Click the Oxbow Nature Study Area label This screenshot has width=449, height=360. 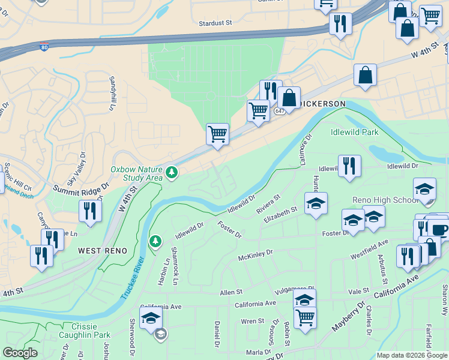click(x=136, y=173)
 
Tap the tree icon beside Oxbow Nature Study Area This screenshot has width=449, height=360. click(x=172, y=173)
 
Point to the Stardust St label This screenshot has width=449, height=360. click(x=215, y=23)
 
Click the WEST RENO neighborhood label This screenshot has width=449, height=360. click(x=102, y=250)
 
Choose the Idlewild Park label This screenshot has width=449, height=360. click(x=354, y=132)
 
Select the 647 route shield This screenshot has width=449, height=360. click(x=280, y=111)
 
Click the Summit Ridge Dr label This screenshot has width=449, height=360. click(x=80, y=189)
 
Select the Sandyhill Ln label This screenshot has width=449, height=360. click(x=112, y=94)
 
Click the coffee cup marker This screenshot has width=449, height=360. click(x=438, y=229)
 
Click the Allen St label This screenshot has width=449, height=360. click(x=231, y=292)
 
